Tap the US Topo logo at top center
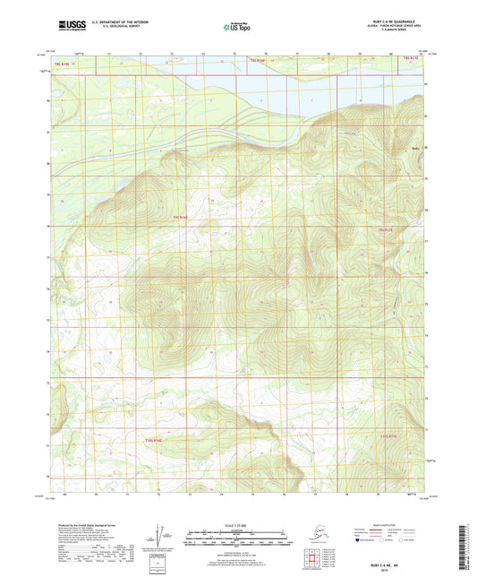tap(237, 28)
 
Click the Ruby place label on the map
tap(414, 148)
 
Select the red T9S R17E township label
tap(386, 230)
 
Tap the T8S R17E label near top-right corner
tap(411, 59)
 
